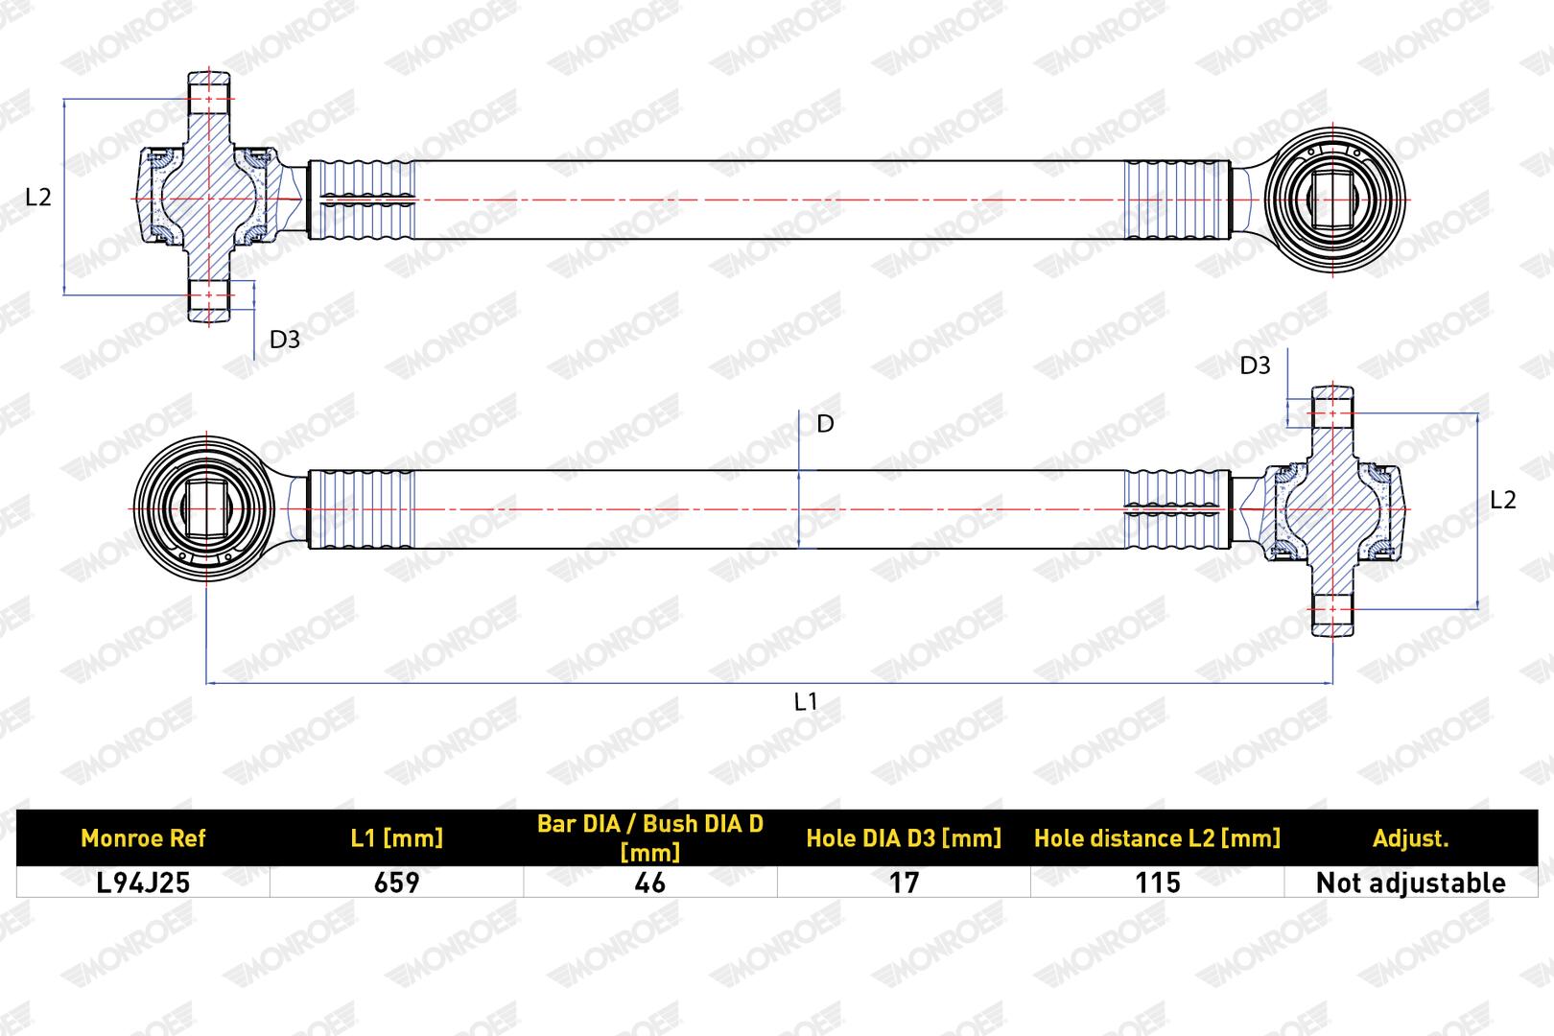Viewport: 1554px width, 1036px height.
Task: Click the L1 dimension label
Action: coord(806,701)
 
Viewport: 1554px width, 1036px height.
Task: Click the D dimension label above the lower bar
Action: coord(825,423)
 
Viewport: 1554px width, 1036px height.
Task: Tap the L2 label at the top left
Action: coord(38,198)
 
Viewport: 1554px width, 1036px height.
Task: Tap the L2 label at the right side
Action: coord(1502,500)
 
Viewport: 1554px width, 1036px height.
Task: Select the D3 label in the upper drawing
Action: coord(285,340)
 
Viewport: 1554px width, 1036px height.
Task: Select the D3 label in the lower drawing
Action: coord(1255,365)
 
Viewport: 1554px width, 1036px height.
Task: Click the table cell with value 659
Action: coord(397,883)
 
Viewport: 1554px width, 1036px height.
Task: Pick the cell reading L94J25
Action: coord(143,883)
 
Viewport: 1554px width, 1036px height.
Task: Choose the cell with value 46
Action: coord(650,883)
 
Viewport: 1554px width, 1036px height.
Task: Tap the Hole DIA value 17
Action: coord(904,883)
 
